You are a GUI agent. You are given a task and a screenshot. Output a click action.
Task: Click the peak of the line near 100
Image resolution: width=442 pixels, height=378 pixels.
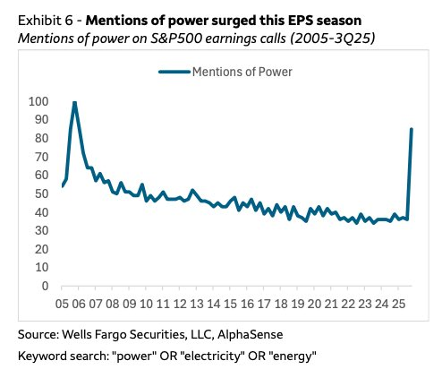[74, 102]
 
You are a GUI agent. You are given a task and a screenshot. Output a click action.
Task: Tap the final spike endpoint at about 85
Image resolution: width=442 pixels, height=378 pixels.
[411, 129]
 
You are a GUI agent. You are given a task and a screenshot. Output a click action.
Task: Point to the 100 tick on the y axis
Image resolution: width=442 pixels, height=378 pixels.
[38, 101]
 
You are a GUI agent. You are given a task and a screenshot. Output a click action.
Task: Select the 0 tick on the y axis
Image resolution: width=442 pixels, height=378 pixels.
[45, 287]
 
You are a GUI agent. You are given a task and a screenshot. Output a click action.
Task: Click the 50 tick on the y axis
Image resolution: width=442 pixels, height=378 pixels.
[41, 193]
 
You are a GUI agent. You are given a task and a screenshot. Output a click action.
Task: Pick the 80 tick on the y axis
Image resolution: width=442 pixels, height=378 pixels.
[41, 138]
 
